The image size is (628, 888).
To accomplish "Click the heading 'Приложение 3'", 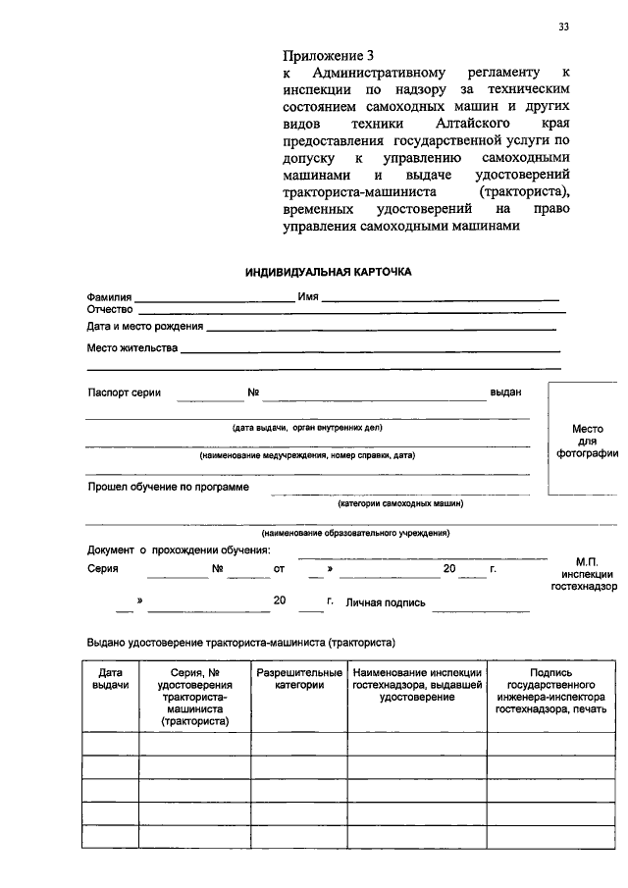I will (x=328, y=55).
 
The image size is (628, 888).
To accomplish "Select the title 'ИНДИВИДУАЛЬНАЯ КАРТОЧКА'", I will (x=329, y=271).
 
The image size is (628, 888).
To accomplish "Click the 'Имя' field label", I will (x=308, y=297).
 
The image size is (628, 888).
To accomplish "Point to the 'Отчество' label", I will (x=110, y=310).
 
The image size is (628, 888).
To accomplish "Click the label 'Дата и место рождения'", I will (x=144, y=326).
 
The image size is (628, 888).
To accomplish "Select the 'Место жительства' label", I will (x=131, y=348).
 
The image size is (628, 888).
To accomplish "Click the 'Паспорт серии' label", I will (x=125, y=392).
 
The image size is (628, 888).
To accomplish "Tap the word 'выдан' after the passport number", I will (x=505, y=392).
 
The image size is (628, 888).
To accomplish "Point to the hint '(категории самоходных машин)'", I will (x=400, y=503).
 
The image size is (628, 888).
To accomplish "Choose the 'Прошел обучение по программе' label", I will (x=168, y=487).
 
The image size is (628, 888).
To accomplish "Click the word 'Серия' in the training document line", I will (x=102, y=569).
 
